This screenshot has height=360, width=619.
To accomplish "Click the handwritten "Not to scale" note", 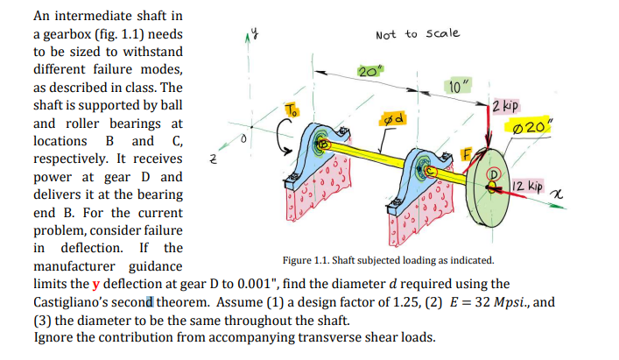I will click(416, 33).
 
